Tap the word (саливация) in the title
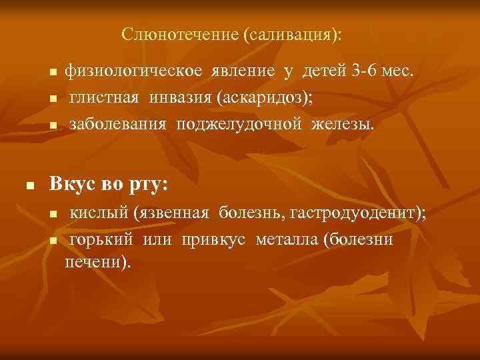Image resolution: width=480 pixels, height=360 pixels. (x=292, y=33)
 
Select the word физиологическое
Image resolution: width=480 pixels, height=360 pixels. (x=134, y=71)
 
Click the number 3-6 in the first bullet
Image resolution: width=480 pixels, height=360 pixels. (x=359, y=71)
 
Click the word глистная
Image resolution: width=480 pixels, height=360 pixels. (x=105, y=98)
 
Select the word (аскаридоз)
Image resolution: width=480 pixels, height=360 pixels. (x=265, y=98)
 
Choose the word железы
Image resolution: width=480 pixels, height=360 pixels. (x=346, y=125)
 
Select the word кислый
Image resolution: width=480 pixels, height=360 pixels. (x=100, y=213)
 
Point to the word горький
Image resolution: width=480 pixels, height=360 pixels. (x=103, y=239)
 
